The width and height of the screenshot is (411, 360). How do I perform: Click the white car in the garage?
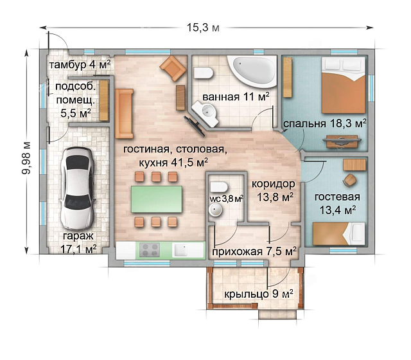click(x=76, y=188)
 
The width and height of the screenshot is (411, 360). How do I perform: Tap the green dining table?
click(x=157, y=199)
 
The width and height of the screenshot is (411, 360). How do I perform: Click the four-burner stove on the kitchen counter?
click(x=150, y=250)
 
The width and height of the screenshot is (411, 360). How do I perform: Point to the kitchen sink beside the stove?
click(x=180, y=251)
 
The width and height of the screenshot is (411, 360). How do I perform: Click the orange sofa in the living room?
click(x=124, y=113)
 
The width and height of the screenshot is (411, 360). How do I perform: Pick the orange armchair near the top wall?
click(x=173, y=68)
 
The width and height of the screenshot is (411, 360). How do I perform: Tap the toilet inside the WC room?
click(x=218, y=187)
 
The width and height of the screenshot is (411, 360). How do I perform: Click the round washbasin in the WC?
click(x=216, y=210)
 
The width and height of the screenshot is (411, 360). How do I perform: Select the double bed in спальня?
click(x=343, y=85)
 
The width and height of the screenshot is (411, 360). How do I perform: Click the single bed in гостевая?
click(x=339, y=233)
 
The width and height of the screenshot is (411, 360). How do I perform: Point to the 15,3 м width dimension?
click(x=203, y=27)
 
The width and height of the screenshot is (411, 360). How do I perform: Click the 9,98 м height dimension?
click(x=26, y=158)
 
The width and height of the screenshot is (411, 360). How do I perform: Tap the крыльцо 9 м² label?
click(x=258, y=294)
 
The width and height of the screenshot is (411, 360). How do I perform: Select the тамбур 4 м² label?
click(x=80, y=64)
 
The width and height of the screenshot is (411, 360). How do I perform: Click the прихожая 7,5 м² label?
click(x=254, y=251)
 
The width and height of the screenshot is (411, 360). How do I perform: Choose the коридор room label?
click(x=274, y=184)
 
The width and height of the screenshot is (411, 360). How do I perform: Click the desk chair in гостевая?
click(x=350, y=180)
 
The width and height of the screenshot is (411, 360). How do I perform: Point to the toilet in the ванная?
click(x=204, y=73)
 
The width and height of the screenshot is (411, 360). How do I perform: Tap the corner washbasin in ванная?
click(x=205, y=113)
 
